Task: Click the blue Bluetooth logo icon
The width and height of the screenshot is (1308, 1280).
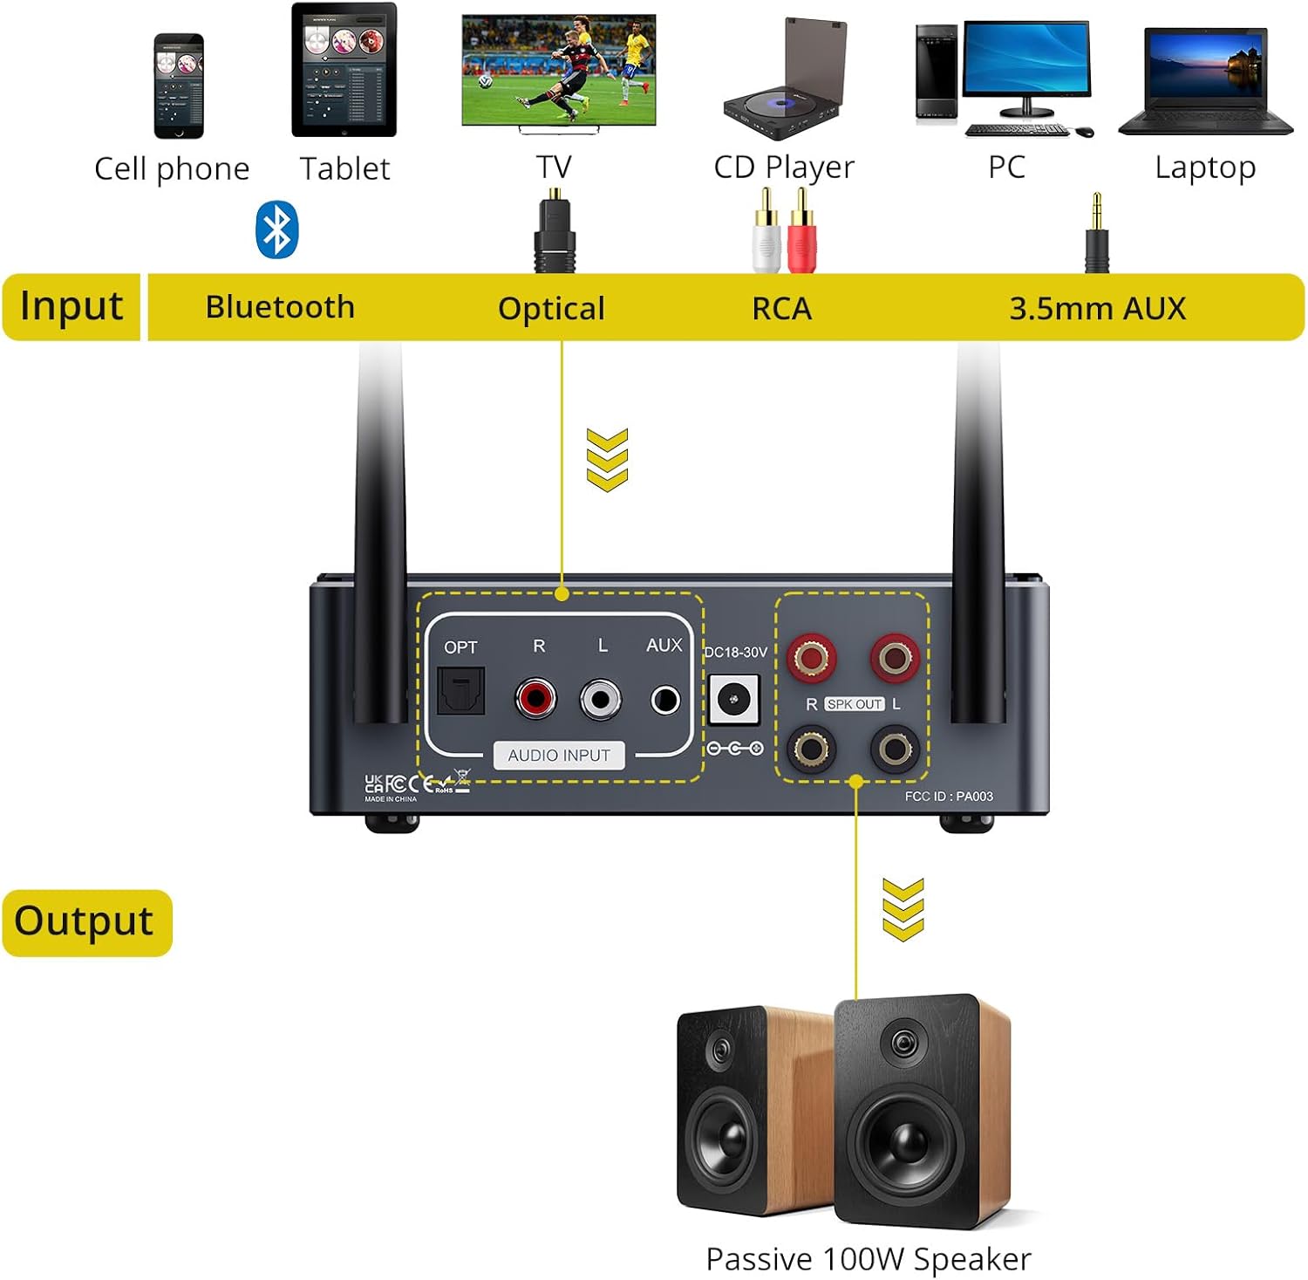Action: tap(276, 229)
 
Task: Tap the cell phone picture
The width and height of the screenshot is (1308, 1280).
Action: tap(178, 86)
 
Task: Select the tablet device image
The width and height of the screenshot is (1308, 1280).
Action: tap(344, 70)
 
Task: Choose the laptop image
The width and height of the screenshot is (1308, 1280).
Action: tap(1205, 82)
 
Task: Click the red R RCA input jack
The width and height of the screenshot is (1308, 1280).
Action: tap(535, 698)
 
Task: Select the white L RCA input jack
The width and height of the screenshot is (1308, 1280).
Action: tap(601, 699)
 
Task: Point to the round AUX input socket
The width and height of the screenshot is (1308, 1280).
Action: tap(665, 700)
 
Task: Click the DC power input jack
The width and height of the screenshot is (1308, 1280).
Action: tap(732, 700)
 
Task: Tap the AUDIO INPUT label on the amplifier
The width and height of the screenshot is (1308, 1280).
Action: tap(559, 756)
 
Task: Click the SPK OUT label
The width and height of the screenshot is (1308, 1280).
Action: tap(855, 704)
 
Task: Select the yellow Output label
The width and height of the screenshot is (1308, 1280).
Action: tap(85, 922)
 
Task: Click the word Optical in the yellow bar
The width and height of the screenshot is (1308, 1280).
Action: tap(551, 308)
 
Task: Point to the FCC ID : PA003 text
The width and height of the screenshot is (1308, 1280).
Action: tap(949, 796)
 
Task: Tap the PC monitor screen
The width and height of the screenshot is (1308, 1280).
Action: tap(1026, 60)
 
